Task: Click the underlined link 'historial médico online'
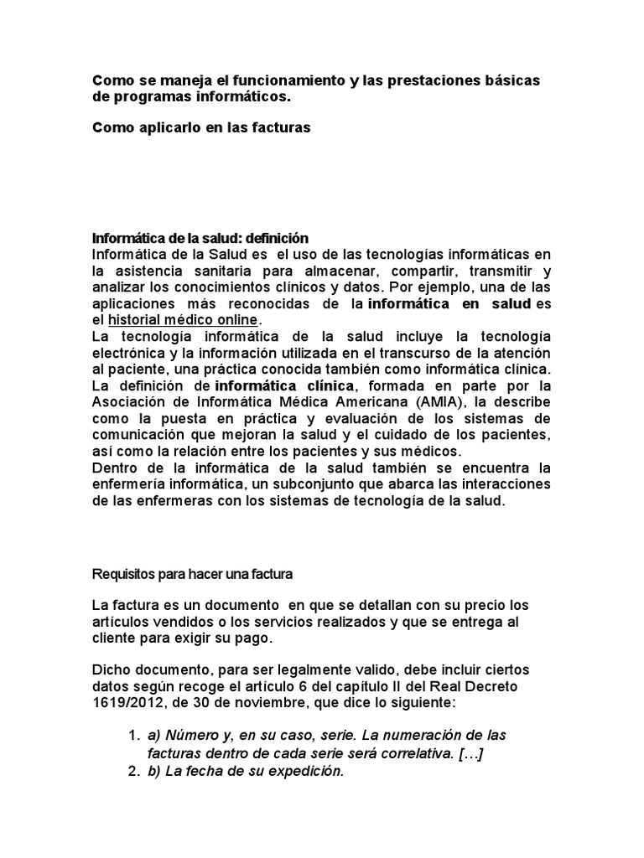point(184,320)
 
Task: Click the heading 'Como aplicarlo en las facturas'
point(201,127)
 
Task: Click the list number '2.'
point(134,771)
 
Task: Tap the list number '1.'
point(134,735)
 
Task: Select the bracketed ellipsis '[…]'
point(469,753)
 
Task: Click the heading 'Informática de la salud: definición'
point(200,238)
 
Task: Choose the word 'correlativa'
point(416,753)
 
